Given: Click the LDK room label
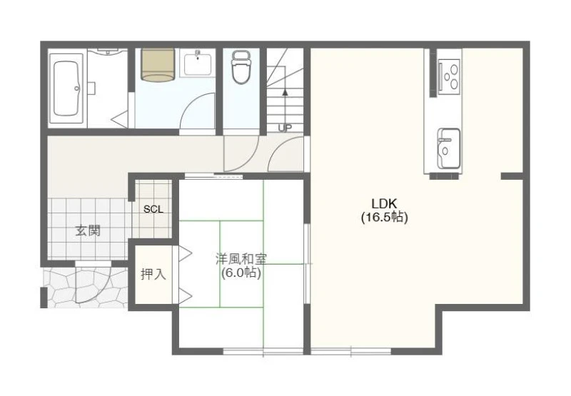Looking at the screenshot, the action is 384,203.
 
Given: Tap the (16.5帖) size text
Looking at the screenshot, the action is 384,218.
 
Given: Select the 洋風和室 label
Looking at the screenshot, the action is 241,259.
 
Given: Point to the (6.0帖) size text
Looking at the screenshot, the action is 241,273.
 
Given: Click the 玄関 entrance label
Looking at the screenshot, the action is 88,230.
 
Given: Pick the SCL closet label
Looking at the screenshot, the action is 153,209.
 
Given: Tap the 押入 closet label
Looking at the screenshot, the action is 153,274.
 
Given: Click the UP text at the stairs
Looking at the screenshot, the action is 285,128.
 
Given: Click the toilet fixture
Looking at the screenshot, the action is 241,67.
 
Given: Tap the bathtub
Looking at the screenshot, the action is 66,88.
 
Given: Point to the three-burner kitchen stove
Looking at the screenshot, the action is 450,76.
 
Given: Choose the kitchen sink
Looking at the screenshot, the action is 448,148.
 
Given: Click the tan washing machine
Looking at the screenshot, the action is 158,64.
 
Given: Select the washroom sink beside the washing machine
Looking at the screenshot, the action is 198,64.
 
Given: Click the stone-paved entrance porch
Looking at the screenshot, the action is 85,288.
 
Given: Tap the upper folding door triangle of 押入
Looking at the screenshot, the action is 184,254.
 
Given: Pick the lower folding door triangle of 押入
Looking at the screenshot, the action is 184,295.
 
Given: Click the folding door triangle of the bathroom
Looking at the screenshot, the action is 119,118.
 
